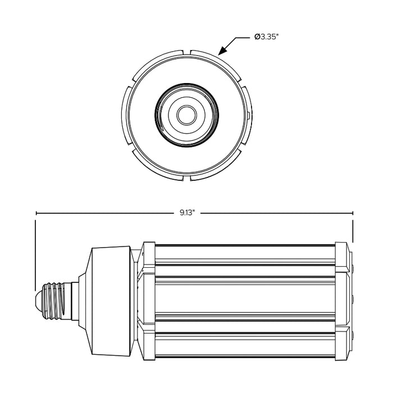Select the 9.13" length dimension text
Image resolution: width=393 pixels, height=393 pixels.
[187, 213]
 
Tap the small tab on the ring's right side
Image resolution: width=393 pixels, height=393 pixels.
[248, 116]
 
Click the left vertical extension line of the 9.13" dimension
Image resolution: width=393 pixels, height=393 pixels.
[36, 253]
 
